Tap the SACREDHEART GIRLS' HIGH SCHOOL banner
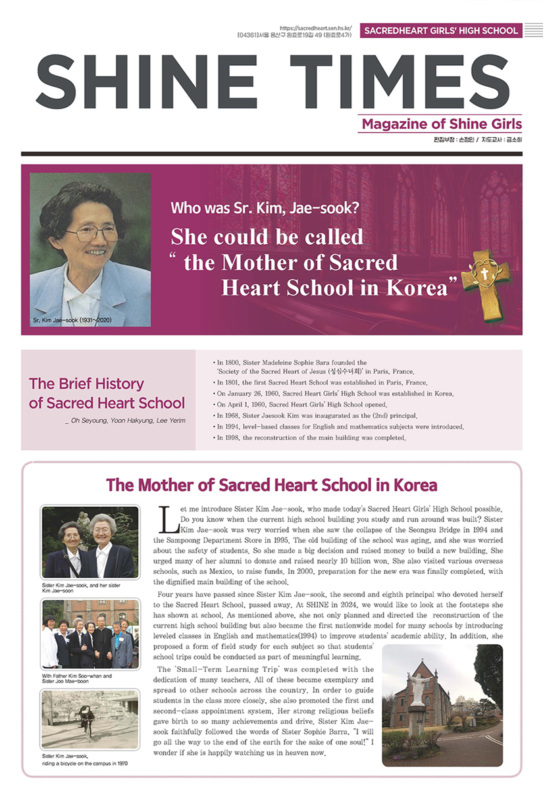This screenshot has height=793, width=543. [440, 30]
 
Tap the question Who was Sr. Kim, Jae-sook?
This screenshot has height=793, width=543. [265, 209]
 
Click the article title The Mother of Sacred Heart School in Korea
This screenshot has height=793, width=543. [271, 486]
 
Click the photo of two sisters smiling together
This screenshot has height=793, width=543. [90, 542]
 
